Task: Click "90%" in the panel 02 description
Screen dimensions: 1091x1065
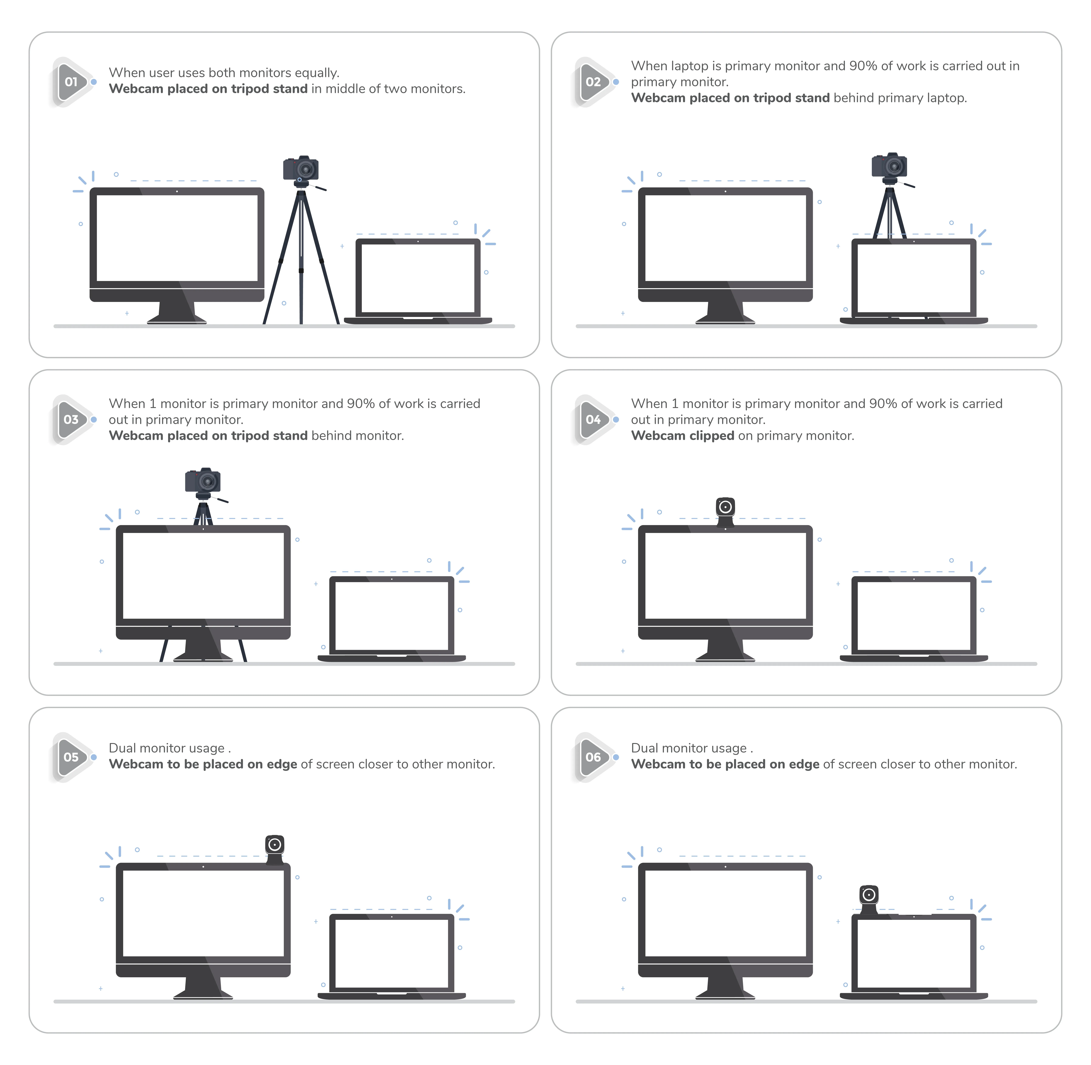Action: (863, 66)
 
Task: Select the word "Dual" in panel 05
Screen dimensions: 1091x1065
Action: (122, 748)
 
